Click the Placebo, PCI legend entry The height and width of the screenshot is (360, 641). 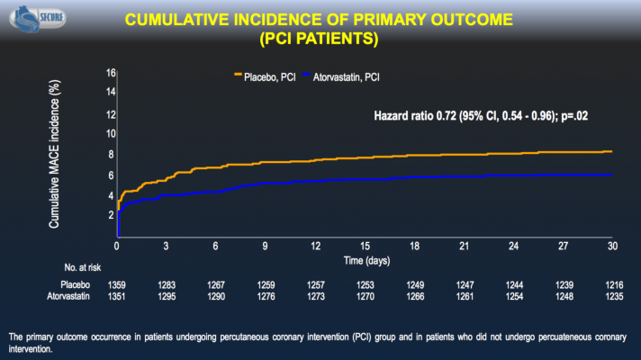click(x=270, y=76)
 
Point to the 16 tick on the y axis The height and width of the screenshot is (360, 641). click(x=111, y=73)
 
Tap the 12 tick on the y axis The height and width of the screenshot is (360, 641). click(x=111, y=114)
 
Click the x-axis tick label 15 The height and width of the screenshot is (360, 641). click(x=365, y=246)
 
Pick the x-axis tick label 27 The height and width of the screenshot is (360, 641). click(x=563, y=246)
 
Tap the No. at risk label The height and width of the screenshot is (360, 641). click(x=84, y=267)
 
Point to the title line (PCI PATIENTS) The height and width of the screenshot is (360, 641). click(x=320, y=39)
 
